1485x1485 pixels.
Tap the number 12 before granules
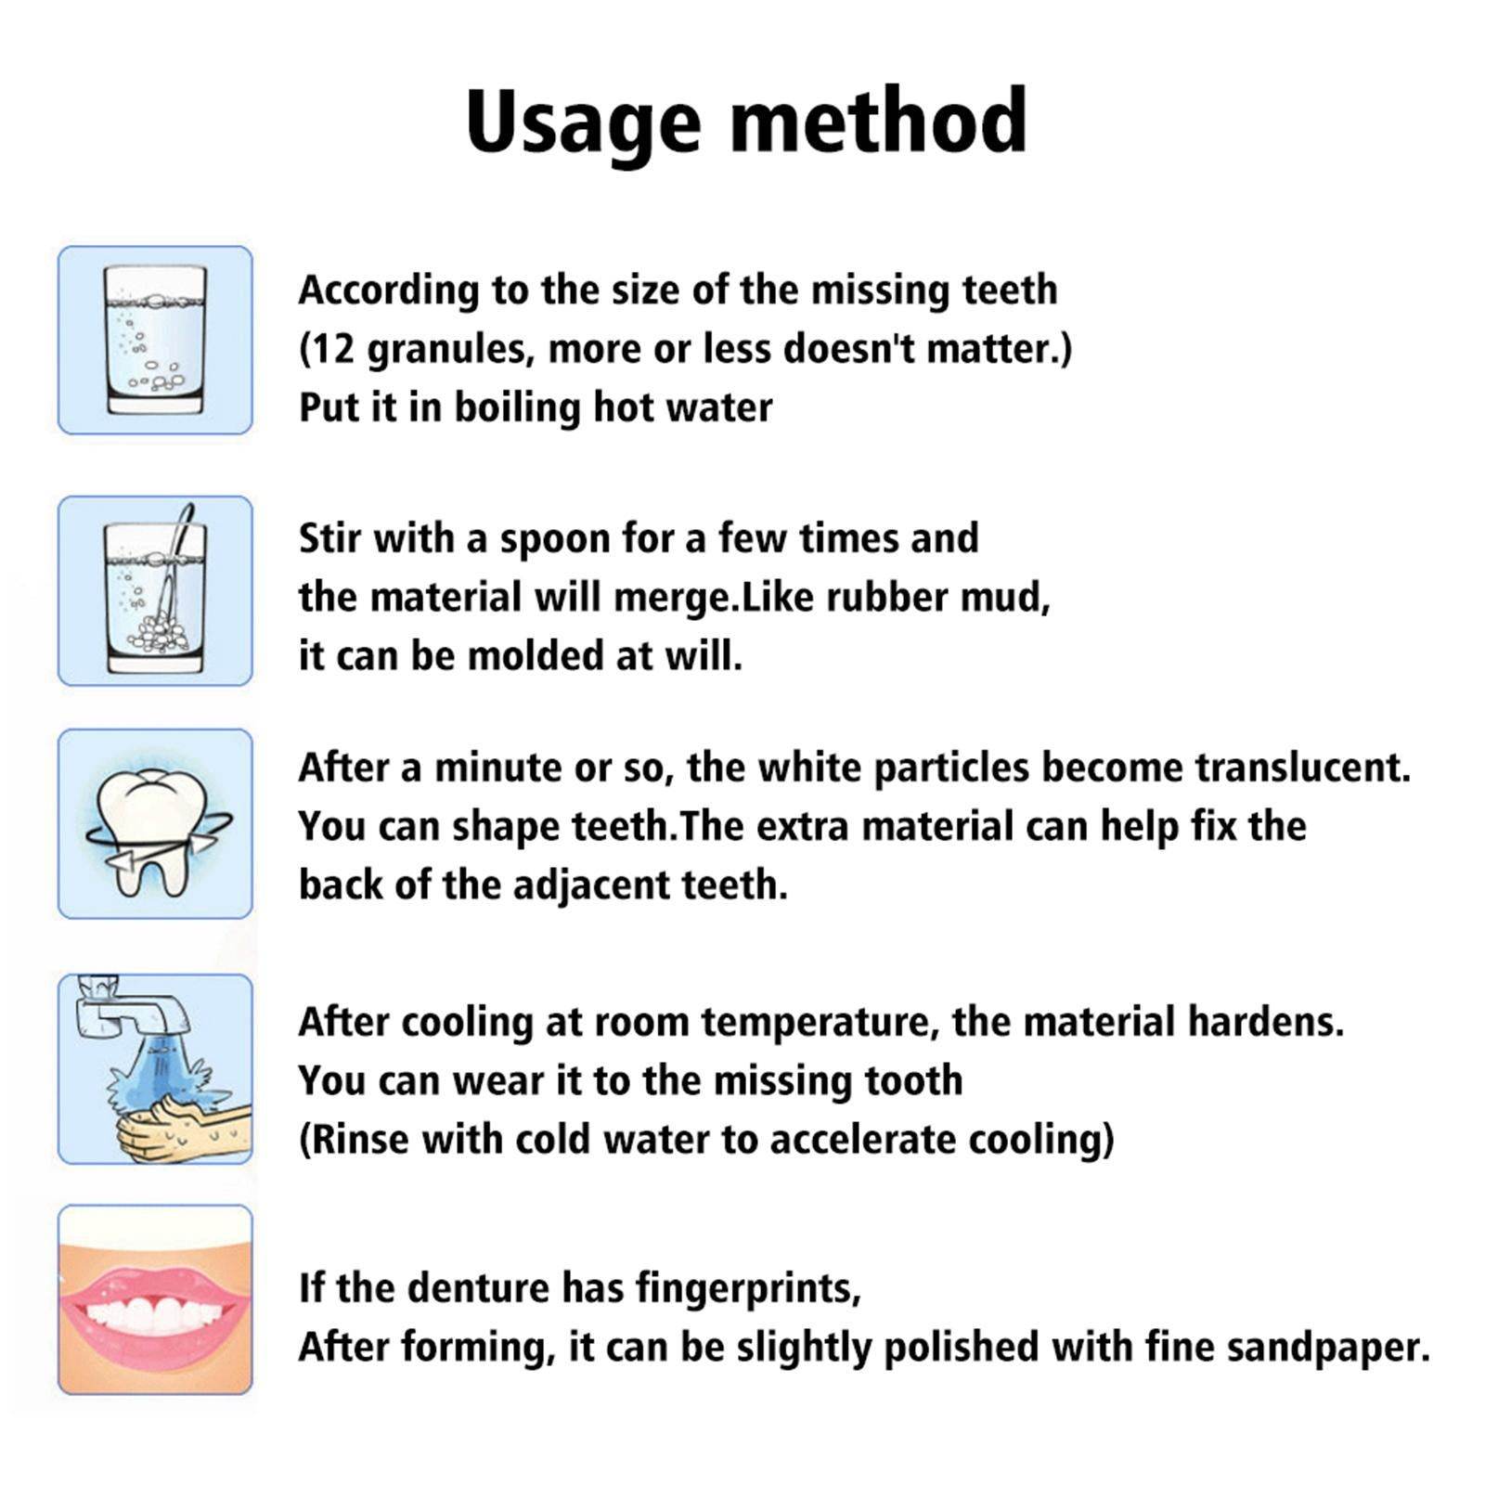pos(329,349)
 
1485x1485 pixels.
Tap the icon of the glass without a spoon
pos(155,340)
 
